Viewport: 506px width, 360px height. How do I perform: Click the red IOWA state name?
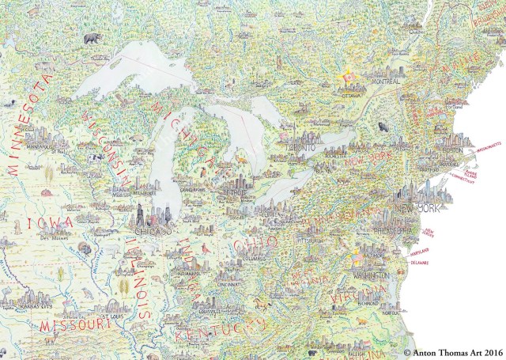click(x=50, y=223)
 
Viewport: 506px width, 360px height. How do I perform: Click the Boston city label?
click(x=452, y=150)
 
